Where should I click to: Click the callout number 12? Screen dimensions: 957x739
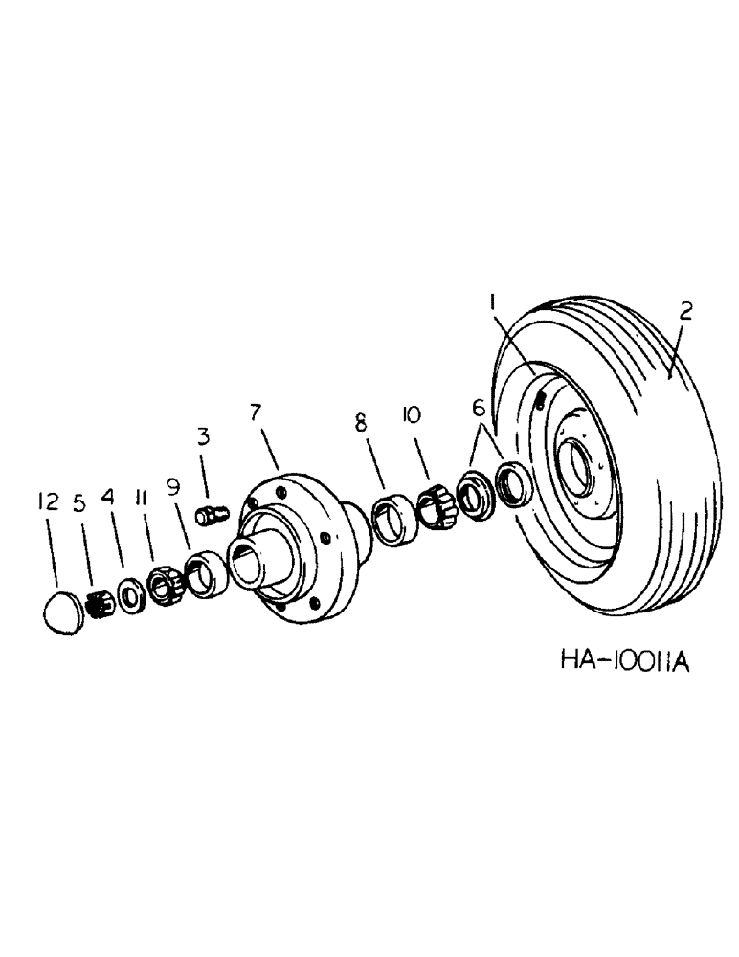pos(48,501)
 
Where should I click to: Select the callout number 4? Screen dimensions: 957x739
pos(108,501)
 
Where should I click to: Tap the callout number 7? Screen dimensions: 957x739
pos(256,413)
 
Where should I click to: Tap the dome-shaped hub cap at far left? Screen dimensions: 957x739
pos(65,611)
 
